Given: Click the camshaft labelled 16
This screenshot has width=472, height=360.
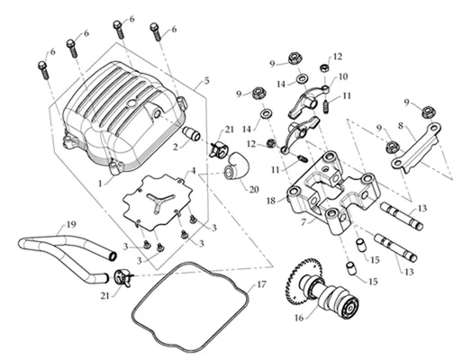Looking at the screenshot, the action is (x=322, y=291).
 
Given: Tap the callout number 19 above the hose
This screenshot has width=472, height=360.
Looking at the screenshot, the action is (x=71, y=224).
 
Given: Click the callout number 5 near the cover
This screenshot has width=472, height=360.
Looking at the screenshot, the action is (x=206, y=81).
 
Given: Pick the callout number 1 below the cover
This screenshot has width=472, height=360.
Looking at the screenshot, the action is (x=101, y=183).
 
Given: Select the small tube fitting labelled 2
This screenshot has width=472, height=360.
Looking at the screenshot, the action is (x=192, y=134).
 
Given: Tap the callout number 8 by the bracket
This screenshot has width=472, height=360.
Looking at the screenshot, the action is (x=400, y=126).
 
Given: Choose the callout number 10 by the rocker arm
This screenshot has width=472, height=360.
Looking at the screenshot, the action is (x=343, y=76).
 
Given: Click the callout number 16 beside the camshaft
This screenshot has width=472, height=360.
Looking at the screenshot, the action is (x=299, y=318).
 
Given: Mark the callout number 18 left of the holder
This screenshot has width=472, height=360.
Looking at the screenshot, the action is (x=271, y=201).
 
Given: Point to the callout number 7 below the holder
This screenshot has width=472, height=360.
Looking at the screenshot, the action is (x=304, y=222).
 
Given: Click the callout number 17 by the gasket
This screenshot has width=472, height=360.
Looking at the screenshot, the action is (x=261, y=284).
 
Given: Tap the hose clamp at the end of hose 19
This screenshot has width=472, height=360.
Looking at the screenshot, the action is (x=123, y=278).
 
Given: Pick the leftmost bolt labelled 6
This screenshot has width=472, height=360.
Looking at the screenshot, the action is (x=43, y=70).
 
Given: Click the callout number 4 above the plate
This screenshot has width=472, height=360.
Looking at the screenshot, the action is (x=193, y=171).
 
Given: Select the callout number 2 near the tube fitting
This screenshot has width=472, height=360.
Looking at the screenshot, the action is (x=176, y=147).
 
